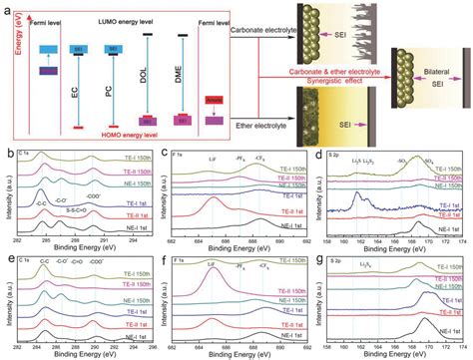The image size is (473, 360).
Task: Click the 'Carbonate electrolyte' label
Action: coord(260,31)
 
